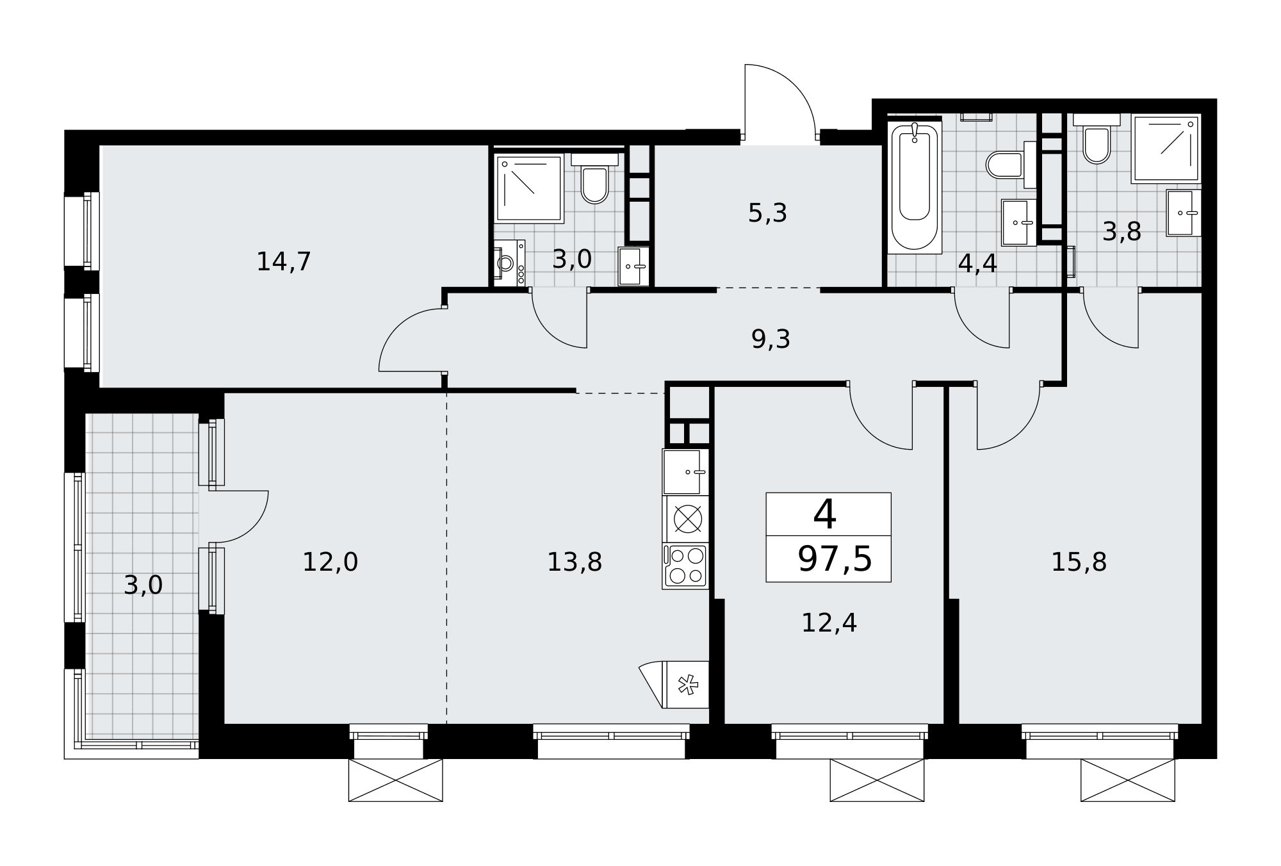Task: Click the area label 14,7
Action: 284,262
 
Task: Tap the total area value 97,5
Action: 835,559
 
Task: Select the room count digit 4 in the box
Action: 825,514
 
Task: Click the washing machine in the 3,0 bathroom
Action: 509,263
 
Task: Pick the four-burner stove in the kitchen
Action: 685,566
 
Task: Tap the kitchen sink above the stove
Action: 685,471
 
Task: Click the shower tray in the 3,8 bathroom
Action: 1166,149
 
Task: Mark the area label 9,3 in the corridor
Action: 771,339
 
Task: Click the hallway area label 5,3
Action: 767,213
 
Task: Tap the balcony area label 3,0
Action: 143,585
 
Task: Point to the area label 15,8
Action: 1079,562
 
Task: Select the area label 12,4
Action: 829,623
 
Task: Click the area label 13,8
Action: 574,562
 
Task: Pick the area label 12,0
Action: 330,562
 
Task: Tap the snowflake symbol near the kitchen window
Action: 688,685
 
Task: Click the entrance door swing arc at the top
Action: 794,85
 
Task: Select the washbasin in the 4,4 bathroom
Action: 1018,222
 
